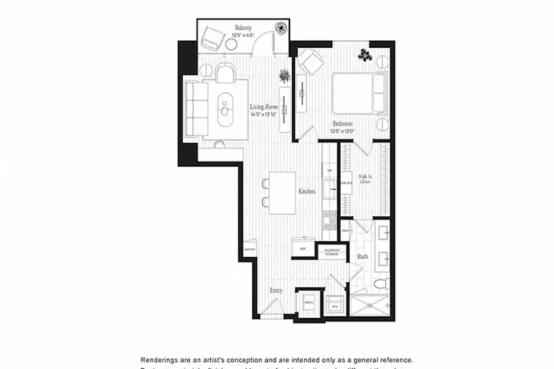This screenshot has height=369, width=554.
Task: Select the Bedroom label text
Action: [x=342, y=124]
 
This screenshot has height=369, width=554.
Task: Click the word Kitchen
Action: [x=307, y=191]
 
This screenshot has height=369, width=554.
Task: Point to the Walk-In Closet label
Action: [x=365, y=179]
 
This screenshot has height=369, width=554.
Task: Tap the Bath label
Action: [x=362, y=256]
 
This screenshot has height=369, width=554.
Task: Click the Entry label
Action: [x=276, y=290]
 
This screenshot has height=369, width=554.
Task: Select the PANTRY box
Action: [x=250, y=250]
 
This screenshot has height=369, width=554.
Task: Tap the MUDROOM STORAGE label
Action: [x=332, y=252]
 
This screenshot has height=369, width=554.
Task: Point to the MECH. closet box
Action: [x=309, y=303]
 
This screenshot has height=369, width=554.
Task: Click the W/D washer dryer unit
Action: [x=335, y=306]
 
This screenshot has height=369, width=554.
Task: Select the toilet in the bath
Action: [x=380, y=285]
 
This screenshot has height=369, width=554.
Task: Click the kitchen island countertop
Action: [x=282, y=193]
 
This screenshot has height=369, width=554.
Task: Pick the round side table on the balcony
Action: [x=231, y=45]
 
